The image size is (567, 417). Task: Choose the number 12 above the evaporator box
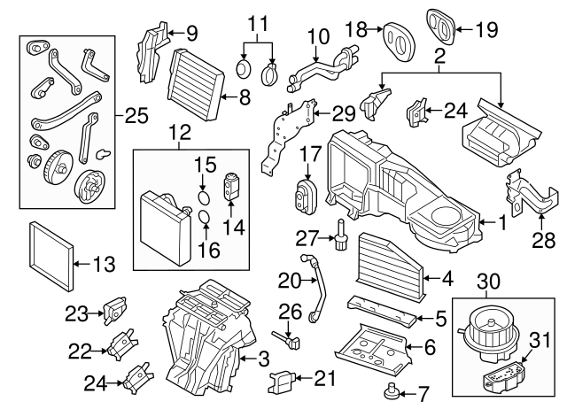click(x=180, y=133)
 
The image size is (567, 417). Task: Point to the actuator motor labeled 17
click(x=307, y=193)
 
